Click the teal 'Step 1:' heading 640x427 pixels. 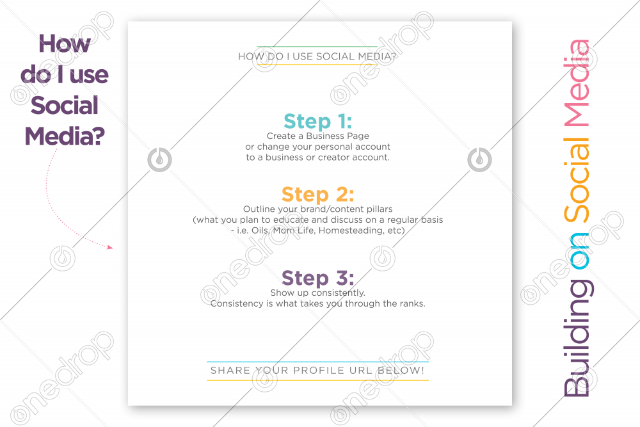[317, 121]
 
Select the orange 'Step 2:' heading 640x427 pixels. [317, 195]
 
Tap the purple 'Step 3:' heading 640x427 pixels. [317, 278]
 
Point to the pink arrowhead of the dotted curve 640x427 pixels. [109, 246]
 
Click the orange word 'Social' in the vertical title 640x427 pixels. [577, 180]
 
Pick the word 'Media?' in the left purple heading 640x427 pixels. [65, 136]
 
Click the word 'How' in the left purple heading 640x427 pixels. [65, 44]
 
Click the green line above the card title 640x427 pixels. [317, 47]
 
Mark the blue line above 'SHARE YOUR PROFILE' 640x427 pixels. [317, 362]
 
